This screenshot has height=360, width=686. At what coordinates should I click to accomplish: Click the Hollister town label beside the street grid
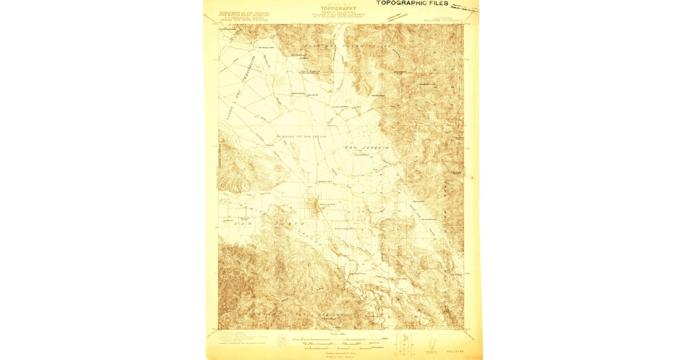[327, 203]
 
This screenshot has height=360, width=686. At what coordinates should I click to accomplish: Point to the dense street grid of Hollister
[314, 206]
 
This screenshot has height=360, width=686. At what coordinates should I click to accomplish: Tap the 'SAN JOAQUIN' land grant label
[366, 148]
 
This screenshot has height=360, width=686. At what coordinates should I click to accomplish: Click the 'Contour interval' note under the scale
[338, 354]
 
